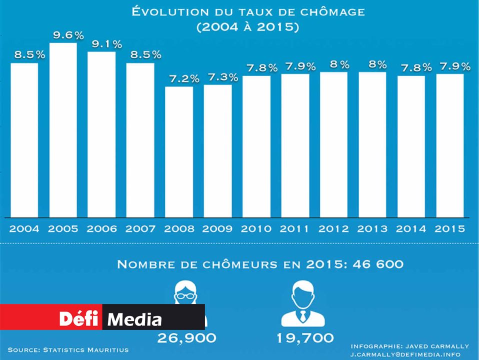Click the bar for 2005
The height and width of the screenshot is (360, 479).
[x=63, y=130]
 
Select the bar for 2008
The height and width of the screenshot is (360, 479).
[x=179, y=152]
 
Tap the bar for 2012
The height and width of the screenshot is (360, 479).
[x=333, y=145]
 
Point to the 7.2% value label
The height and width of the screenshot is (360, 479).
[x=183, y=79]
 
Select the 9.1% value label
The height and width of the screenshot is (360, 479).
[x=107, y=44]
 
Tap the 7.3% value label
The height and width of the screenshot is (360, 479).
[x=222, y=77]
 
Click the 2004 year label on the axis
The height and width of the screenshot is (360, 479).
[x=24, y=229]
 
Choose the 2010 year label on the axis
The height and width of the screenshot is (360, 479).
[x=256, y=229]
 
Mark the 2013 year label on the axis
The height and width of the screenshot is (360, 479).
[x=372, y=229]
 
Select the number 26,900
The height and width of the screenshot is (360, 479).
[x=187, y=338]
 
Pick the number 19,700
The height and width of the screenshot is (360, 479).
[x=305, y=338]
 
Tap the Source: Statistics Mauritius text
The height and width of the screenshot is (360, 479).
[x=68, y=349]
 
